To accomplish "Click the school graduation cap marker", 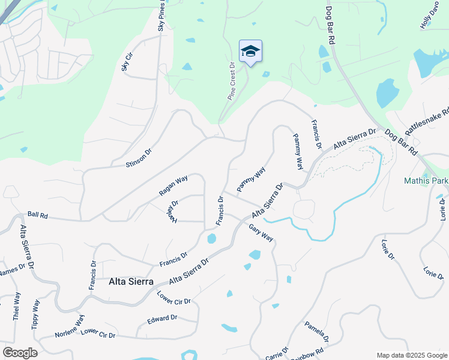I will pos(250,52).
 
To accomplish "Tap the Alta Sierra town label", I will pos(131,281).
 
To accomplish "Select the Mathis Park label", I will pos(427,179).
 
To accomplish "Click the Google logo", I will pos(20,352).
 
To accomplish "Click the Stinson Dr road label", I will pos(139,158).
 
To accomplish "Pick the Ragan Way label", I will pos(173,185).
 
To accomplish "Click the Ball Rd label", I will pos(37,214).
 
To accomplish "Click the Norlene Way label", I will pos(70,326).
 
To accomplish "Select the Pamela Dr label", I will pos(316,331).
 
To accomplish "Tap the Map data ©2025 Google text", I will pos(411,355).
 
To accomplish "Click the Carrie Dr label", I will pos(277,353).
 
